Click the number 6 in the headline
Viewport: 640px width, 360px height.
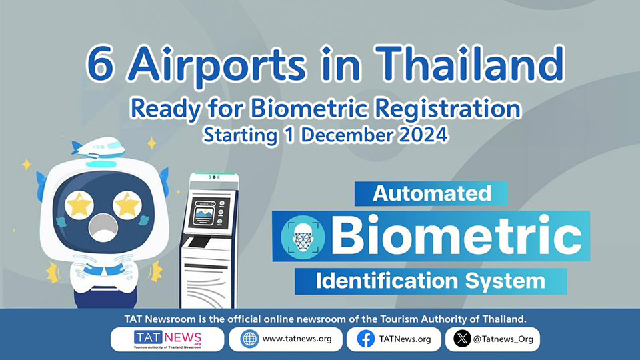pos(99,65)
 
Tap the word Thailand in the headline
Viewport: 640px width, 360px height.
pos(469,64)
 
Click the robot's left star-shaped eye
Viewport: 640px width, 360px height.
pos(79,205)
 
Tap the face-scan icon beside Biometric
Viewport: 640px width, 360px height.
pos(303,237)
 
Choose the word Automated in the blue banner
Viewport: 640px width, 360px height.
pos(431,193)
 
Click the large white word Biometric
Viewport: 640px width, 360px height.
pos(456,236)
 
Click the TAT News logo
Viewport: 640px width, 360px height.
pos(167,339)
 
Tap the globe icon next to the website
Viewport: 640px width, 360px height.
pos(249,339)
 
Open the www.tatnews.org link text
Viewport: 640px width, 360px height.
pos(297,339)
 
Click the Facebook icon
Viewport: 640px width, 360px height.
pos(366,339)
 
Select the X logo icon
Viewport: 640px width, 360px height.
pos(462,339)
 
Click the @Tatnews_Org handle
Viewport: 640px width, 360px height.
pos(503,339)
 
